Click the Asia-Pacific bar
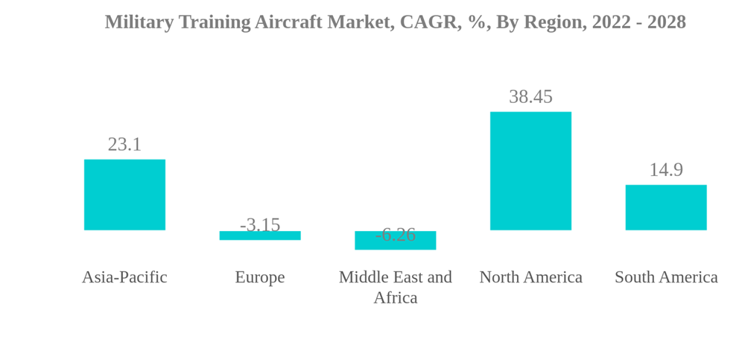pyautogui.click(x=124, y=195)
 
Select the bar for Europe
pyautogui.click(x=260, y=236)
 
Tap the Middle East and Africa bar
pyautogui.click(x=395, y=241)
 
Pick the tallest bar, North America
pyautogui.click(x=530, y=171)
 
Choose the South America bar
pyautogui.click(x=666, y=207)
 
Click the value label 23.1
pyautogui.click(x=124, y=144)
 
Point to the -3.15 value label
pyautogui.click(x=260, y=224)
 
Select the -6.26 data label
pyautogui.click(x=396, y=234)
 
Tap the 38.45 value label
pyautogui.click(x=530, y=96)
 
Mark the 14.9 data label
pyautogui.click(x=666, y=169)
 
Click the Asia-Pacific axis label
pyautogui.click(x=124, y=277)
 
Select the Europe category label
pyautogui.click(x=260, y=277)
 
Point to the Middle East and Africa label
pyautogui.click(x=396, y=287)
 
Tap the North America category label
pyautogui.click(x=530, y=277)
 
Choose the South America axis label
pyautogui.click(x=666, y=277)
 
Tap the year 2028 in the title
pyautogui.click(x=666, y=22)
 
